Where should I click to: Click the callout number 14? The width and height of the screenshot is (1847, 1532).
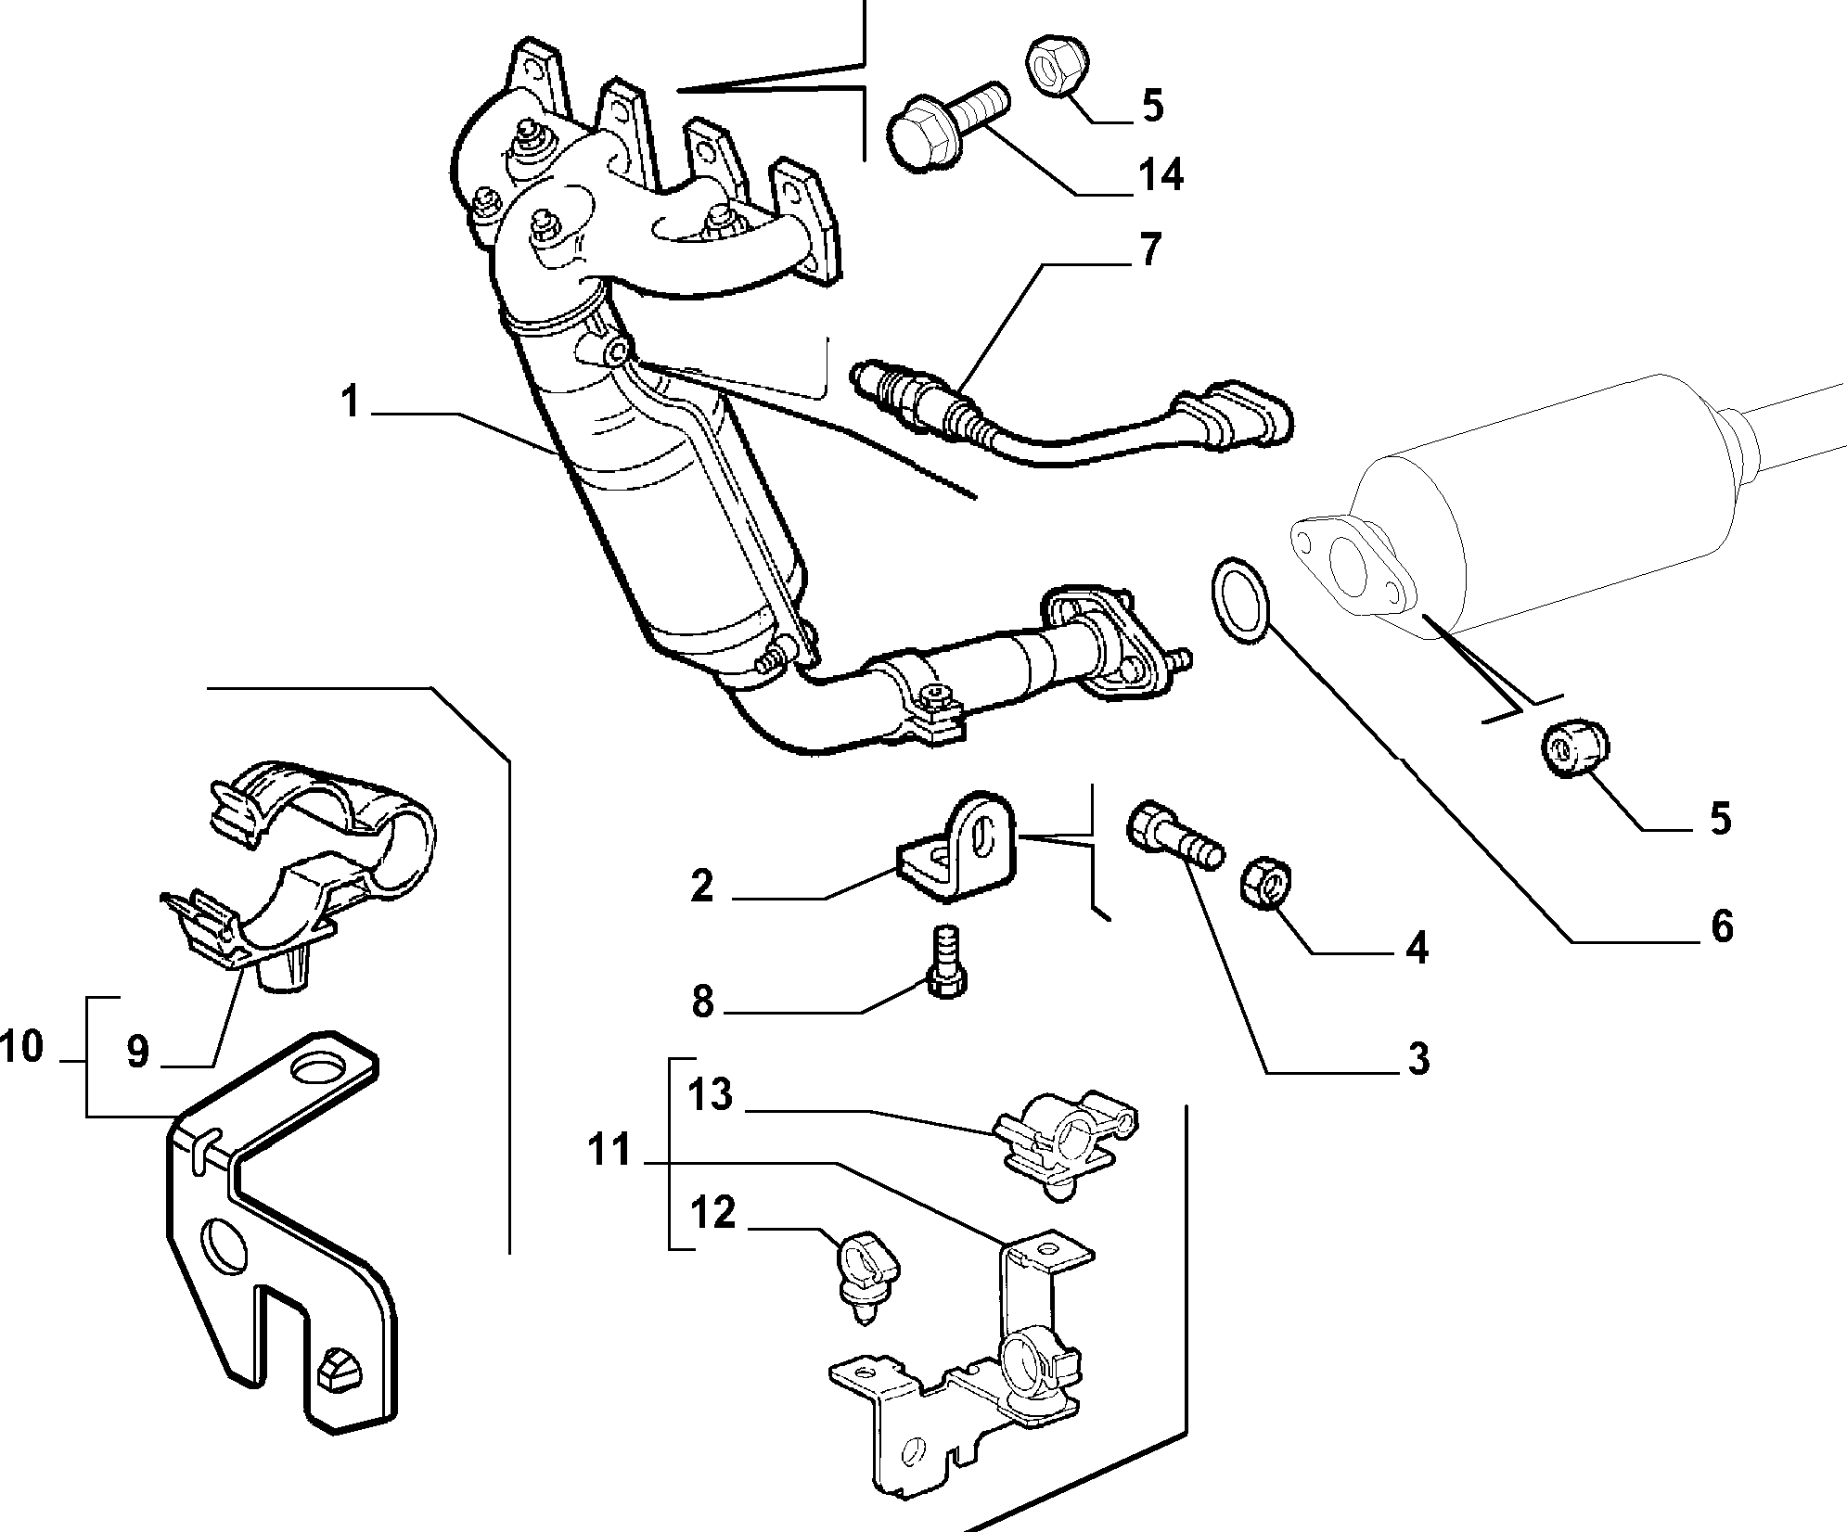click(1159, 174)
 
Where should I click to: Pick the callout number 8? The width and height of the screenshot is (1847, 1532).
click(702, 1002)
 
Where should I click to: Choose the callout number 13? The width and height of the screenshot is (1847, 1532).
click(712, 1095)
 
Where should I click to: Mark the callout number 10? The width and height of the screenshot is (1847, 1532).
click(22, 1047)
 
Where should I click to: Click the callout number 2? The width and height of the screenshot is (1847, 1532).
click(702, 887)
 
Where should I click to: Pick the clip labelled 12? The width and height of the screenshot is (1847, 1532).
click(867, 1275)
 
